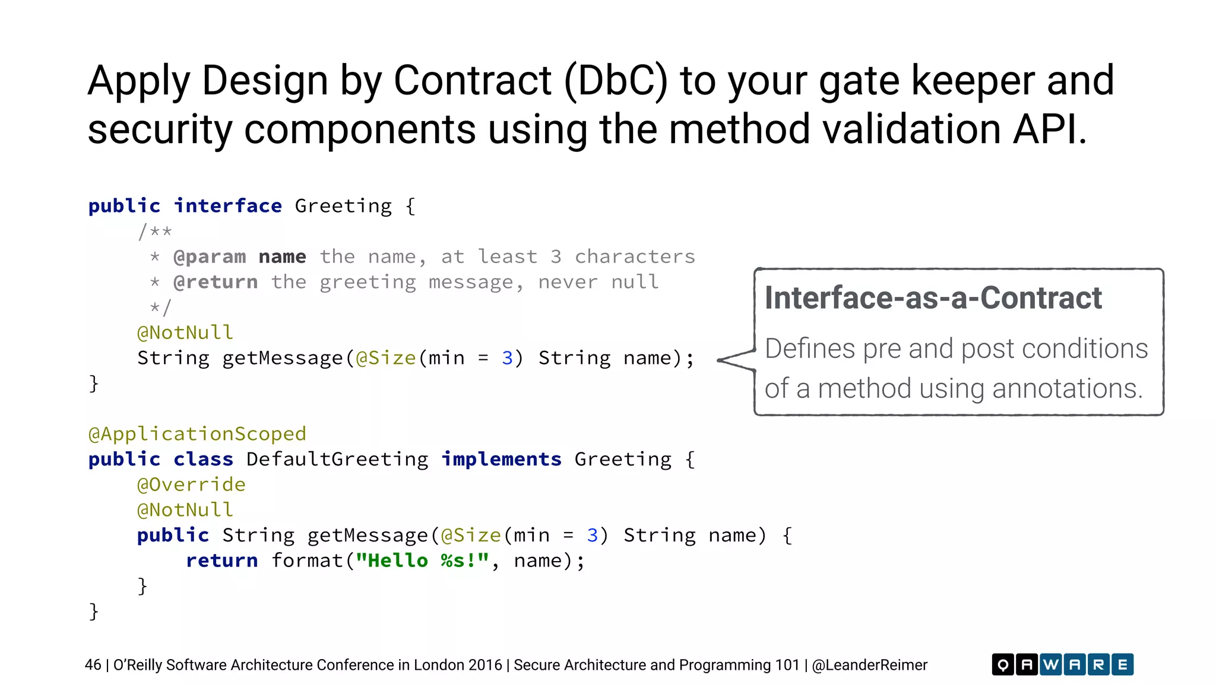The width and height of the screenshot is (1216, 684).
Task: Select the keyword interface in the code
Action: coord(227,206)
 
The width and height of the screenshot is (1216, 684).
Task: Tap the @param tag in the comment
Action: coord(210,256)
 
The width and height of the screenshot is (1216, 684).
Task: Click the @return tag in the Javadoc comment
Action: coord(216,282)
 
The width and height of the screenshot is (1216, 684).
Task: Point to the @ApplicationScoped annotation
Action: coord(197,434)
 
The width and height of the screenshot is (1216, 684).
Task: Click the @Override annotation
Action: coord(191,484)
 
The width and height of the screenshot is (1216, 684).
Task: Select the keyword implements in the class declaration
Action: coord(501,460)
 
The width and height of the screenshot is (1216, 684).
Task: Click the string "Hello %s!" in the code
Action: coord(422,560)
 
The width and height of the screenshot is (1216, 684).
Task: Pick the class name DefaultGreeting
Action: coord(337,460)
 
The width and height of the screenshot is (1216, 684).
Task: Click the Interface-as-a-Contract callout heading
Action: coord(933,298)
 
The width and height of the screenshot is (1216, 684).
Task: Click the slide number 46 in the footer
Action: coord(93,665)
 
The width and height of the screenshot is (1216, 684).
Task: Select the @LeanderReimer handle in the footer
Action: coord(869,665)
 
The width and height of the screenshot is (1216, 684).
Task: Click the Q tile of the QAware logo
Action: coord(1003,664)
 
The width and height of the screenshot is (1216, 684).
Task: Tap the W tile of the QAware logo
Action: coord(1050,664)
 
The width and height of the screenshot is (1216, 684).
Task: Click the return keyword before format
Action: coord(221,560)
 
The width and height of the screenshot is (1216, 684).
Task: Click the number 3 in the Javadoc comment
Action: coord(556,256)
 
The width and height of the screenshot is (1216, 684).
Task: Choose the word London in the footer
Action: coord(431,665)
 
